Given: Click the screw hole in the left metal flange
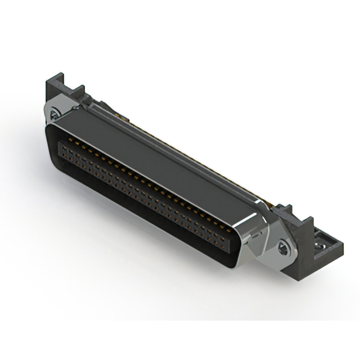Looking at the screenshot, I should (x=54, y=116).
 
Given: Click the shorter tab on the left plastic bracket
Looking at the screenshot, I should (x=77, y=93).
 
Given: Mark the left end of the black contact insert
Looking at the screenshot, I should (x=61, y=149).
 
